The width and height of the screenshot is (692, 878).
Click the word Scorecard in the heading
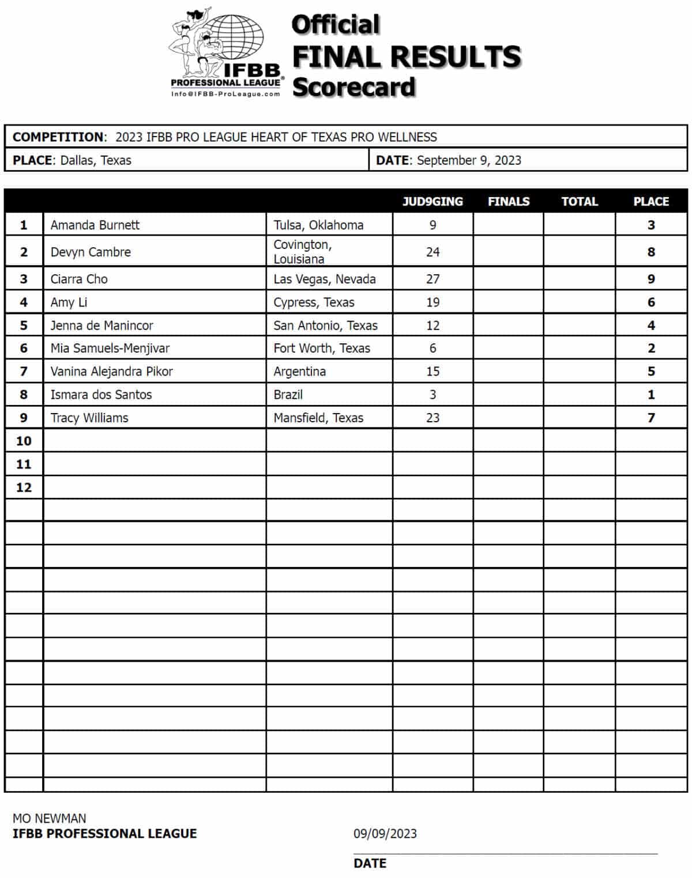(353, 87)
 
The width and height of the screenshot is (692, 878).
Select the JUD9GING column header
(432, 202)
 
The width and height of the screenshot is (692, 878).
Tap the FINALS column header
(508, 202)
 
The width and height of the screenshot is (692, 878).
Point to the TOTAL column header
(580, 202)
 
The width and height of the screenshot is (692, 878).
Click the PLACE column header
(651, 202)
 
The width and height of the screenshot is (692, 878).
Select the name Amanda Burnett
(95, 225)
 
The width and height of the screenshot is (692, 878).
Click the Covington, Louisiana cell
(302, 252)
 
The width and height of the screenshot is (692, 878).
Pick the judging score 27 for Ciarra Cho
(432, 279)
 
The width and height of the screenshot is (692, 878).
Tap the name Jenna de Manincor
(102, 326)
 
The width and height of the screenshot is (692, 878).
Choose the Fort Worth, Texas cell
(322, 349)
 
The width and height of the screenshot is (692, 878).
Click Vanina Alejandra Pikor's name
(112, 372)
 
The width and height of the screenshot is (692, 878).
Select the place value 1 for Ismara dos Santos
(651, 395)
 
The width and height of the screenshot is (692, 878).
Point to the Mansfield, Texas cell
(318, 418)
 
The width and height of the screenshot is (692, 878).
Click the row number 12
(24, 487)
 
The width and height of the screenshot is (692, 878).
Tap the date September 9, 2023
(469, 160)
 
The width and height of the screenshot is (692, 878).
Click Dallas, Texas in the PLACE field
(96, 160)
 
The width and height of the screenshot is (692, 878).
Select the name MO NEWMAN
(50, 818)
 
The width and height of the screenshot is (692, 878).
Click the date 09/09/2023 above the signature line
(385, 834)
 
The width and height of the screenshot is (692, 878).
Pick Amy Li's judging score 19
(432, 302)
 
